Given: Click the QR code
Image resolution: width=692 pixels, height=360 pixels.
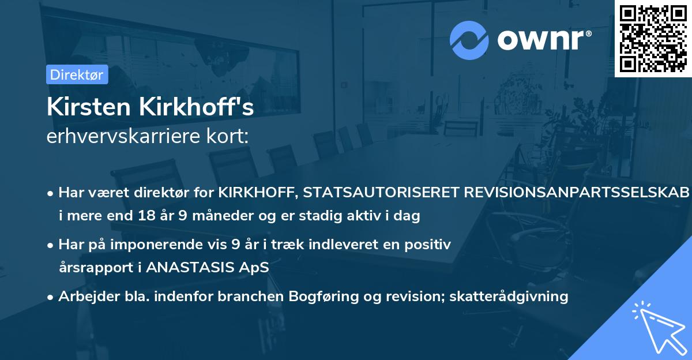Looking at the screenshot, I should pyautogui.click(x=653, y=38).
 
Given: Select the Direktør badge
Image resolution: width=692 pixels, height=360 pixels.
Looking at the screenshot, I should pyautogui.click(x=77, y=74).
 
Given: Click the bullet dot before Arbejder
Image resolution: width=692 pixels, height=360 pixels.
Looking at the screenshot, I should pyautogui.click(x=51, y=297).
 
